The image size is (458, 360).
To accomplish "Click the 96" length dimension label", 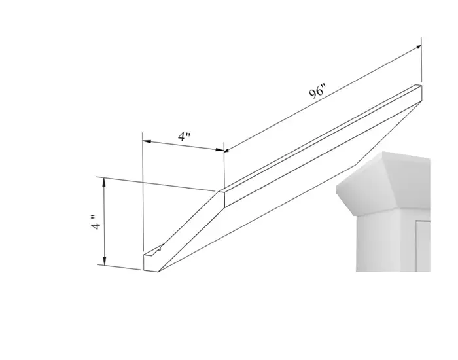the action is click(x=317, y=92).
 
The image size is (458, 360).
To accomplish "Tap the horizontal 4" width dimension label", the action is click(x=185, y=136).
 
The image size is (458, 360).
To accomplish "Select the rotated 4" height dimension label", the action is click(x=95, y=222).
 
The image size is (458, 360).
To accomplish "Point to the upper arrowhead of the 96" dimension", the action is click(x=418, y=47).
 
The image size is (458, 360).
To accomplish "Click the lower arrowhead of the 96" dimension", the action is click(x=227, y=150).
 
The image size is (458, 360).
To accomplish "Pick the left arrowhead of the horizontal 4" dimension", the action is click(x=147, y=141).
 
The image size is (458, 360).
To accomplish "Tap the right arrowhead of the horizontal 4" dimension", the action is click(x=220, y=150).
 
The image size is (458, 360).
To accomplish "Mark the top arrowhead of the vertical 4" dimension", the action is click(x=103, y=182).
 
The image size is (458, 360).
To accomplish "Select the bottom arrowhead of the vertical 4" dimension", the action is click(x=105, y=261).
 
